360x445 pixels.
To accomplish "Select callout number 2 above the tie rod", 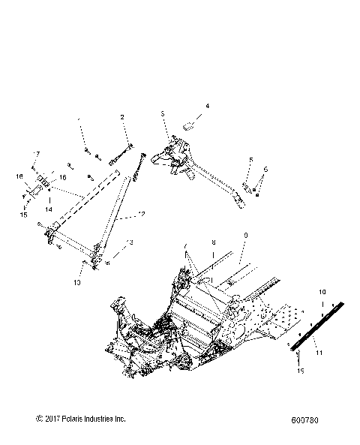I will [x=121, y=117].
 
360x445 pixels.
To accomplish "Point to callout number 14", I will [x=49, y=211].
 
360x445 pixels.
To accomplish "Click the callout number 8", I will [x=214, y=244].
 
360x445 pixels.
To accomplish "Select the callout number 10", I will [x=322, y=290].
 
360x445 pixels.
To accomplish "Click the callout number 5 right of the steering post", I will [x=251, y=160].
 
